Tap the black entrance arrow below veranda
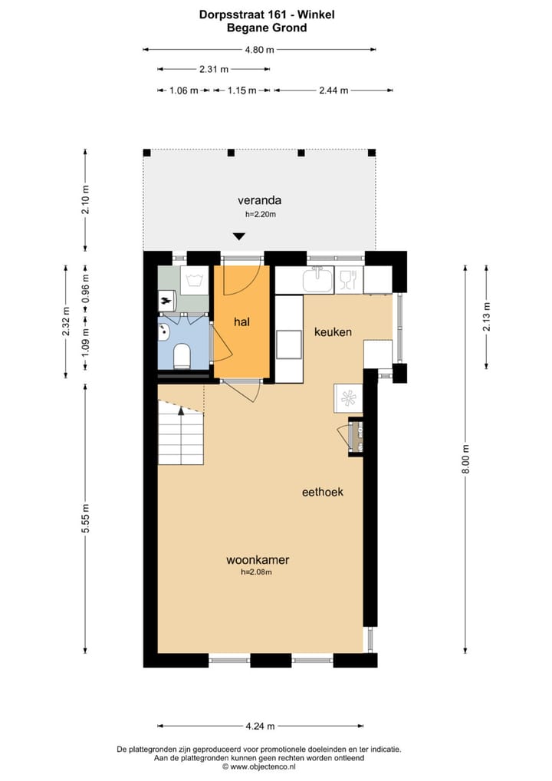click(x=239, y=237)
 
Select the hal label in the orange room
click(x=242, y=322)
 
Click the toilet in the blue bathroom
click(x=182, y=357)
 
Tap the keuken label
click(x=333, y=332)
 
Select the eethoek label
click(x=322, y=492)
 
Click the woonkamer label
click(x=257, y=560)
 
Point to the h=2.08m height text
click(x=257, y=572)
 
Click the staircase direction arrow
click(x=181, y=412)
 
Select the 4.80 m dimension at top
click(x=259, y=50)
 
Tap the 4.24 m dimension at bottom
click(x=260, y=726)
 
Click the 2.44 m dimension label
click(x=333, y=91)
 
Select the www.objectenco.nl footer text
click(x=259, y=766)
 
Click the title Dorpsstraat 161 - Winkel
click(x=267, y=14)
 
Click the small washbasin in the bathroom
click(x=163, y=331)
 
